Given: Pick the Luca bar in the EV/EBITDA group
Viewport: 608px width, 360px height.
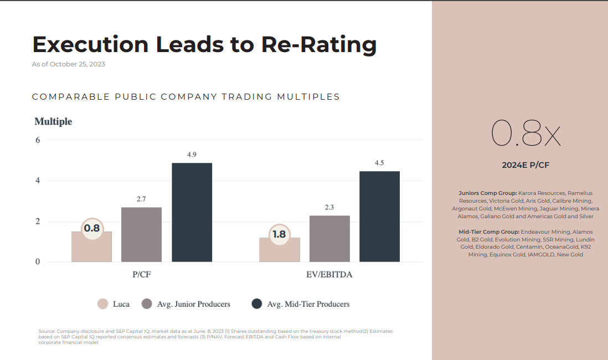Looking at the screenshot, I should point(280,252).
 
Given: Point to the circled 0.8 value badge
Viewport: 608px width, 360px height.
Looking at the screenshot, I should point(92,228).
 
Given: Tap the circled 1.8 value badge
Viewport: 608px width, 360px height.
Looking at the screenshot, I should point(279,234).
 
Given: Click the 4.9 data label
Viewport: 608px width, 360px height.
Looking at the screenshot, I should point(192,155).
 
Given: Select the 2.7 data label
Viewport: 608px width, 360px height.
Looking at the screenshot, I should point(141,199).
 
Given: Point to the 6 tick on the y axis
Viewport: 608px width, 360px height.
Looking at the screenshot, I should point(38,140).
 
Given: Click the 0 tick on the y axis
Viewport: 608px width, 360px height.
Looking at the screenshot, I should point(38,262).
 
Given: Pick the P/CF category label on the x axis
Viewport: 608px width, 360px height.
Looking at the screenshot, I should point(141,274).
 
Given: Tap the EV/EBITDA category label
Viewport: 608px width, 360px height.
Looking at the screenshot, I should point(329,274).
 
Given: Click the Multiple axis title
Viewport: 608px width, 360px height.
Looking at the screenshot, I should point(53,121).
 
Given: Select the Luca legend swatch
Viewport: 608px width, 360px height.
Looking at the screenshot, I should point(102,304).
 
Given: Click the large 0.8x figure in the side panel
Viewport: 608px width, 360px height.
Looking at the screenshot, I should point(525,135).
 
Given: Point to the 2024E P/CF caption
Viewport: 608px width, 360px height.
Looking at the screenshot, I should point(525,165).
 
